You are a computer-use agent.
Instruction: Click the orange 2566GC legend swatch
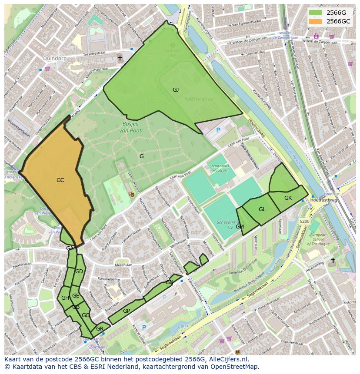pos(316,21)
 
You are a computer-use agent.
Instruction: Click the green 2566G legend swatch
pos(316,13)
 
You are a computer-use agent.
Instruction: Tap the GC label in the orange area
pos(60,180)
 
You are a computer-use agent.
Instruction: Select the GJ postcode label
pos(176,90)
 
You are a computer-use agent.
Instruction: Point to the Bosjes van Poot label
pos(130,126)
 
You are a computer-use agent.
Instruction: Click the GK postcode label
pos(288,198)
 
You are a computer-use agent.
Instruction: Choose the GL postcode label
pos(262,209)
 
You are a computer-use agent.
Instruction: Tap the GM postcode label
pos(240,227)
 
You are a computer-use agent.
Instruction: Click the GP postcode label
pos(127,311)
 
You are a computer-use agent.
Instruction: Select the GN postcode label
pos(169,282)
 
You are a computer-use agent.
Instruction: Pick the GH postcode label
pos(65,298)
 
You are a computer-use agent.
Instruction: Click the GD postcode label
pos(79,271)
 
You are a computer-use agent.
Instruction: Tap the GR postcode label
pos(100,329)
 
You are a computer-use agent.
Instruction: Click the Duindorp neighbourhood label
pos(54,58)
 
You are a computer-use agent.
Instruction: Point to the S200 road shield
pos(304,222)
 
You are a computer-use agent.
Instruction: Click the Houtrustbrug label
pos(324,200)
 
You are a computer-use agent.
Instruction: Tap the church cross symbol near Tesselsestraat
pos(120,58)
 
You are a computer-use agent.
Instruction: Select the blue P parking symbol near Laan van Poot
pos(218,129)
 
